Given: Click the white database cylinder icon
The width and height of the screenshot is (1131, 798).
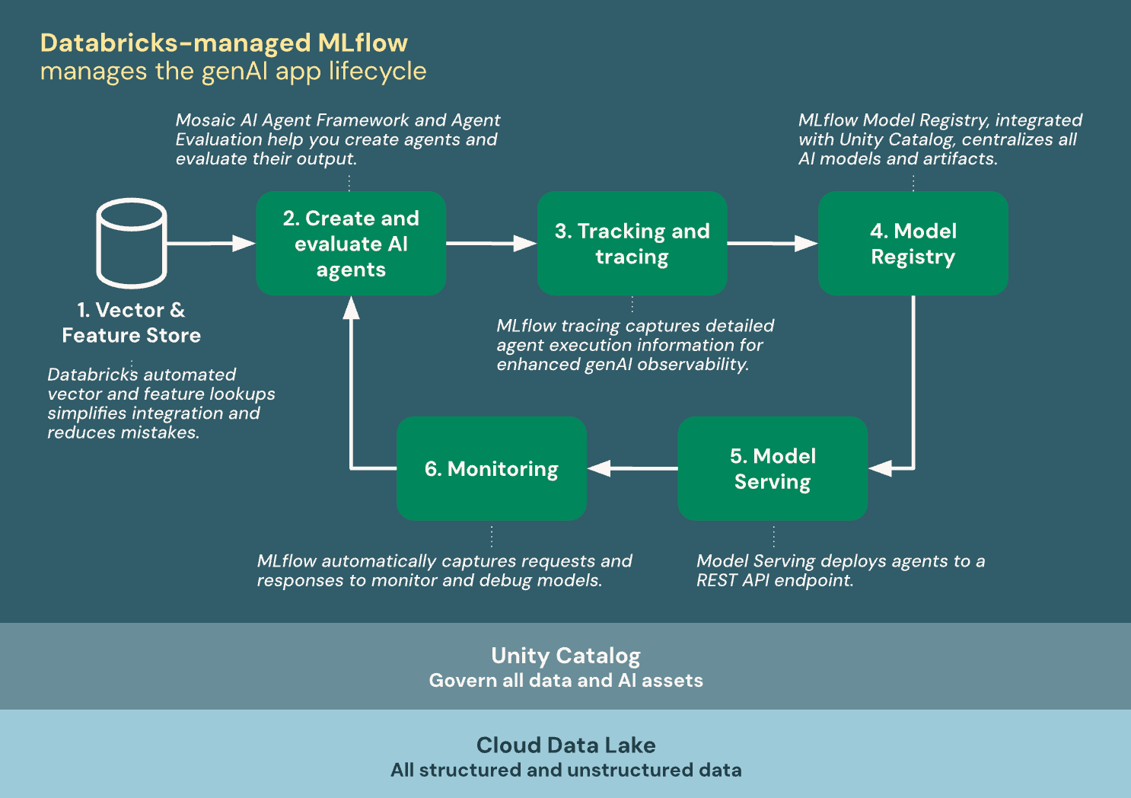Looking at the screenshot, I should click(x=131, y=243).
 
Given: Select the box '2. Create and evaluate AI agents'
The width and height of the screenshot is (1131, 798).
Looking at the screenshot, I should click(x=351, y=243).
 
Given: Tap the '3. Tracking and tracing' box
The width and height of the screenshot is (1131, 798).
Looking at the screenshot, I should click(x=632, y=243).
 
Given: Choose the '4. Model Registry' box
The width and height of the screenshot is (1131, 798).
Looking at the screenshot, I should click(x=913, y=243).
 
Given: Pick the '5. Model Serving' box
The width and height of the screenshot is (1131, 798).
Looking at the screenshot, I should click(x=772, y=468).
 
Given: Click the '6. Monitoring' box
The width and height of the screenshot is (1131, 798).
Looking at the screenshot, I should click(x=492, y=468).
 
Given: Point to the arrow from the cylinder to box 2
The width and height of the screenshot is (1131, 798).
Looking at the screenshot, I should click(x=209, y=243).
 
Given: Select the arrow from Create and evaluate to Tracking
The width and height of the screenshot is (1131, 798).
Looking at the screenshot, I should click(x=491, y=243).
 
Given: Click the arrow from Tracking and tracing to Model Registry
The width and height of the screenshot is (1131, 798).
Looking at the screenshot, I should click(x=772, y=243).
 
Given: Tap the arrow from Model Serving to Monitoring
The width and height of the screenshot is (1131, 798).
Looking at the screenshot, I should click(x=632, y=468).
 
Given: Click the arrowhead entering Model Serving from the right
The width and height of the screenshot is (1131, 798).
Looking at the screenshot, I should click(x=881, y=468).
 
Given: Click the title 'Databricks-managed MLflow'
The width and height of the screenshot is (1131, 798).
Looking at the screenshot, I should click(x=224, y=43).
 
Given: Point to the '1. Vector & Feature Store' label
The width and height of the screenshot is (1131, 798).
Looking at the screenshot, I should click(x=131, y=322).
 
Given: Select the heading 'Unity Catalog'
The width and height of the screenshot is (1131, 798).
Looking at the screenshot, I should click(x=565, y=656).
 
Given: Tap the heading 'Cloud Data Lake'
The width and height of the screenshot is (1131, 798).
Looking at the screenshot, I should click(x=565, y=745).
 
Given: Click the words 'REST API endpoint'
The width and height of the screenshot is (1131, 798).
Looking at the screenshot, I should click(x=774, y=580).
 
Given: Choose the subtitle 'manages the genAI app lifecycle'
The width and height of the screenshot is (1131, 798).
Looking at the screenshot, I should click(x=233, y=72).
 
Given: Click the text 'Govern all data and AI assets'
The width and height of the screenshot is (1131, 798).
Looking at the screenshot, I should click(x=565, y=681).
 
